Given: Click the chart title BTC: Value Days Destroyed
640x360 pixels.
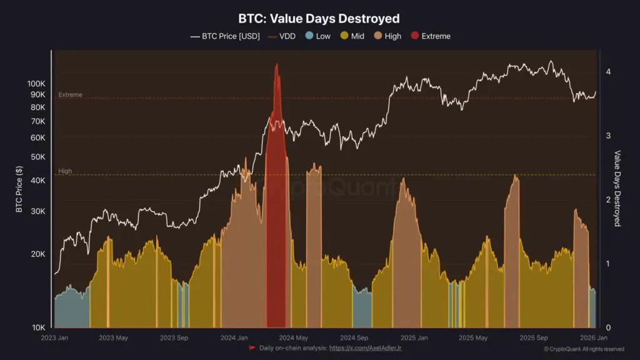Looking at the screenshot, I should [x=319, y=19].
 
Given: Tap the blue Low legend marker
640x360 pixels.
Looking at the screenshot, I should [x=309, y=36].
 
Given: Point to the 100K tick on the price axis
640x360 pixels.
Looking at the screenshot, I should [x=37, y=84].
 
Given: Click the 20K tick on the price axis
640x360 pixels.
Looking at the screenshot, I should [x=39, y=254].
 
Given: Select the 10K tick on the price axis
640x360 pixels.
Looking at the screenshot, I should [x=39, y=327].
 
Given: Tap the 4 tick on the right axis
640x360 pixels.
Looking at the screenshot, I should [x=607, y=72].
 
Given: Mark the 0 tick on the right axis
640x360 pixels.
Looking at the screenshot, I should [x=607, y=327].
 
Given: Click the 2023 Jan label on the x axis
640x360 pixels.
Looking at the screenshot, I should [x=55, y=338].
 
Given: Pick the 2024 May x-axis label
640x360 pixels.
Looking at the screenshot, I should [x=294, y=338].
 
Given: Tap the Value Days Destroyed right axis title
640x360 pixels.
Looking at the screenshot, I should [x=617, y=188].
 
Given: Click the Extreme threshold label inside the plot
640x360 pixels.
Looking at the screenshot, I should [x=70, y=95].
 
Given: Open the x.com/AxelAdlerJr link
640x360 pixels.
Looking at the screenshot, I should [x=365, y=347].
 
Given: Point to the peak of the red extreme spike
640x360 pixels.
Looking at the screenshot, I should [x=276, y=64].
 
